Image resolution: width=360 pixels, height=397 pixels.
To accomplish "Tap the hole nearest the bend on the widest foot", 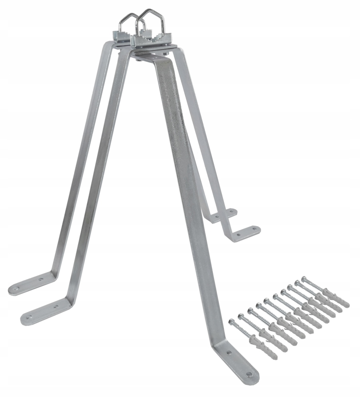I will coord(229,353).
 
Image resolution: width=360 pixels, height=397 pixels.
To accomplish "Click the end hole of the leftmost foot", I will coord(16,287).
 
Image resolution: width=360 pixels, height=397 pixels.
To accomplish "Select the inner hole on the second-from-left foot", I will coord(56,306).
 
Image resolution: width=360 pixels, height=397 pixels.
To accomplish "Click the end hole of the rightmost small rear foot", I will coord(253,230).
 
